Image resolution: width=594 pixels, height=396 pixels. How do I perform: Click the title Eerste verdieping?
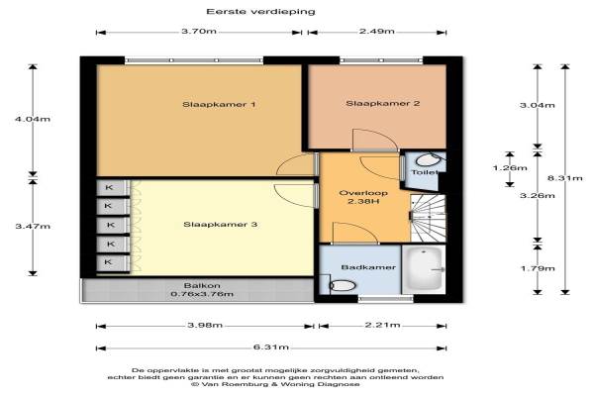(260, 12)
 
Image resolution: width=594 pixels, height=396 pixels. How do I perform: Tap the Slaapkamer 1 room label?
(219, 105)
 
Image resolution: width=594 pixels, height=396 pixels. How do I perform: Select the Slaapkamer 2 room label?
(382, 103)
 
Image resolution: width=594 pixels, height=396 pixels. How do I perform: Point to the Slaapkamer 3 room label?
(220, 225)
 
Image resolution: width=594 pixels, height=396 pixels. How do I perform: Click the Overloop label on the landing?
(363, 193)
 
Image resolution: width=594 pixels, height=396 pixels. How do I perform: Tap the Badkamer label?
(368, 267)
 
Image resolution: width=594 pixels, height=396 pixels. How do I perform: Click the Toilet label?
(425, 172)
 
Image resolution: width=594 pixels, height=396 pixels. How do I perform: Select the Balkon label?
(202, 286)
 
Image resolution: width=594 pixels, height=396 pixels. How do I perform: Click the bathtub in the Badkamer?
(425, 269)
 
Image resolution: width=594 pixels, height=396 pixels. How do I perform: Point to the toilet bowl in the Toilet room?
(428, 160)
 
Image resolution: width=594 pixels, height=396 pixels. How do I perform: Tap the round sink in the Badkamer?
(343, 285)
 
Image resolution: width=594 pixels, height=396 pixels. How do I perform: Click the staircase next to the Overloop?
(429, 218)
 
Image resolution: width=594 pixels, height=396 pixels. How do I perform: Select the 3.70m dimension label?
(199, 31)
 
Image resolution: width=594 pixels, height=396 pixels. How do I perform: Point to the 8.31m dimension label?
(565, 178)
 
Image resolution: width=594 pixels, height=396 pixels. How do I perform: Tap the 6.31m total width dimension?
(271, 347)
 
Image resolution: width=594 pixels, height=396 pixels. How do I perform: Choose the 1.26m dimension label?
(510, 168)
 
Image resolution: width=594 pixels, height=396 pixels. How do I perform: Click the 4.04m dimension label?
(33, 119)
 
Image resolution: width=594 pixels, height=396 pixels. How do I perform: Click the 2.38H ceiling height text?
(363, 201)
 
